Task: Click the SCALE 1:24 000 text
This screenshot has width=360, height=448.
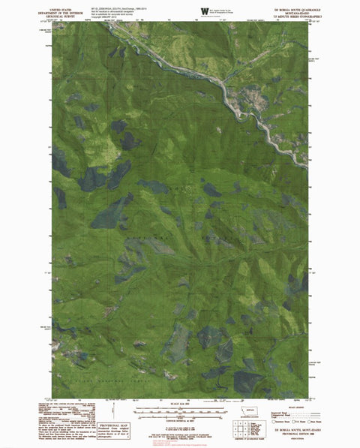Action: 179,407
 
